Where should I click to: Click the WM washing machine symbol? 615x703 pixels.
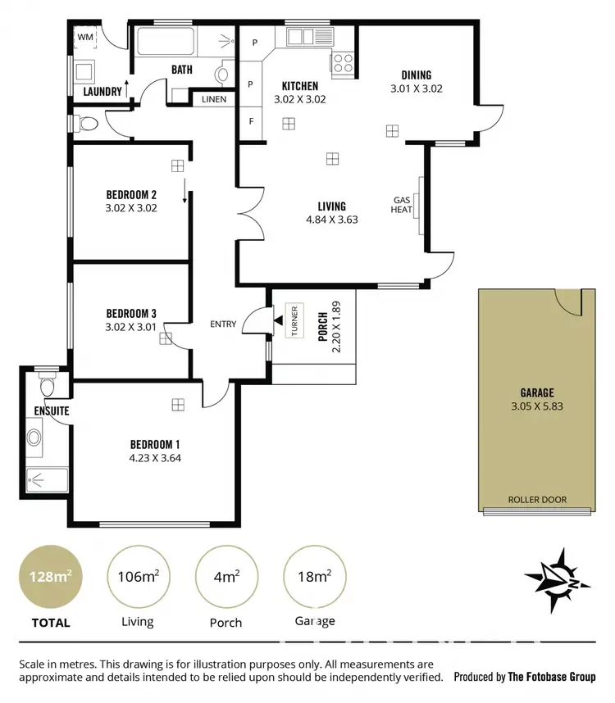[85, 38]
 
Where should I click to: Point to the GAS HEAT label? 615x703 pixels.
[402, 204]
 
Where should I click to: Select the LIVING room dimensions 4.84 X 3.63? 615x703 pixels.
[332, 220]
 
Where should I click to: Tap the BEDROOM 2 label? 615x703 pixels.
[131, 195]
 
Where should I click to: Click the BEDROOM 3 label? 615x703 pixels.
[131, 312]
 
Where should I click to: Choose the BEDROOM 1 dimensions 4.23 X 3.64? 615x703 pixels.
[155, 458]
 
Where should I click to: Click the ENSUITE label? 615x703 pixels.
[51, 410]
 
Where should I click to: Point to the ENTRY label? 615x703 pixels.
[223, 324]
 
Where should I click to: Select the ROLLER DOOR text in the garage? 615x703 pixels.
[537, 499]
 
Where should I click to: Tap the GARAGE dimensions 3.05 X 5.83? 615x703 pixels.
[537, 405]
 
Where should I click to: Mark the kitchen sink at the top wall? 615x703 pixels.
[301, 36]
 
